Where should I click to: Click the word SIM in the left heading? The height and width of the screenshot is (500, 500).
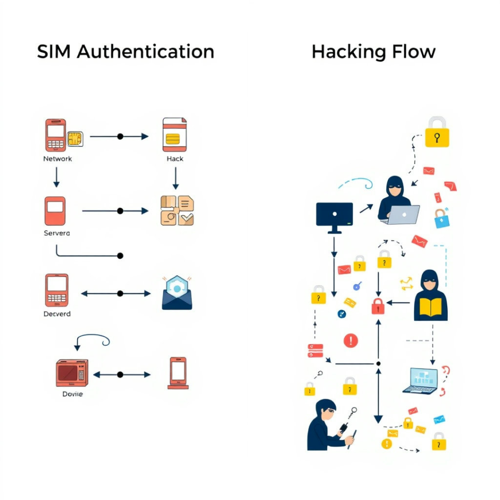(x=54, y=52)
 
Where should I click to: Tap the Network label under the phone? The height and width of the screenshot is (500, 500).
(x=57, y=158)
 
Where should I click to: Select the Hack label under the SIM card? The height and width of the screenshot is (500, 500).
(x=175, y=158)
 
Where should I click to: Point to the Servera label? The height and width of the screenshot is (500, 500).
(x=57, y=233)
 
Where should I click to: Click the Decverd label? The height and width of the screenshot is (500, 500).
(x=57, y=314)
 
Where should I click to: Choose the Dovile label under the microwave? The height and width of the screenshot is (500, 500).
(x=72, y=394)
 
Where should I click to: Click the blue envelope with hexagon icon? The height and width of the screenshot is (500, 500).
(x=177, y=293)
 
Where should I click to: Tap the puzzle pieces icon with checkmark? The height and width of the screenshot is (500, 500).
(x=177, y=211)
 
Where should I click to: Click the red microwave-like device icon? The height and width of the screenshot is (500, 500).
(x=72, y=373)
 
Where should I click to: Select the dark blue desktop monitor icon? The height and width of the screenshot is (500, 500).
(x=334, y=215)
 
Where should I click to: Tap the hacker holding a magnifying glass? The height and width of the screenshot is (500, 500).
(x=328, y=425)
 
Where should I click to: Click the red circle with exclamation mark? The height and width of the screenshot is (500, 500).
(x=351, y=340)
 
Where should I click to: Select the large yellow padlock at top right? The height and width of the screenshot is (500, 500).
(x=437, y=133)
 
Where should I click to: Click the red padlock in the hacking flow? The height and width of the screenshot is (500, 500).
(x=378, y=306)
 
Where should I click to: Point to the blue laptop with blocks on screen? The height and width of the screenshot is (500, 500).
(x=420, y=380)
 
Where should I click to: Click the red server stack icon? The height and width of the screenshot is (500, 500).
(x=315, y=350)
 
